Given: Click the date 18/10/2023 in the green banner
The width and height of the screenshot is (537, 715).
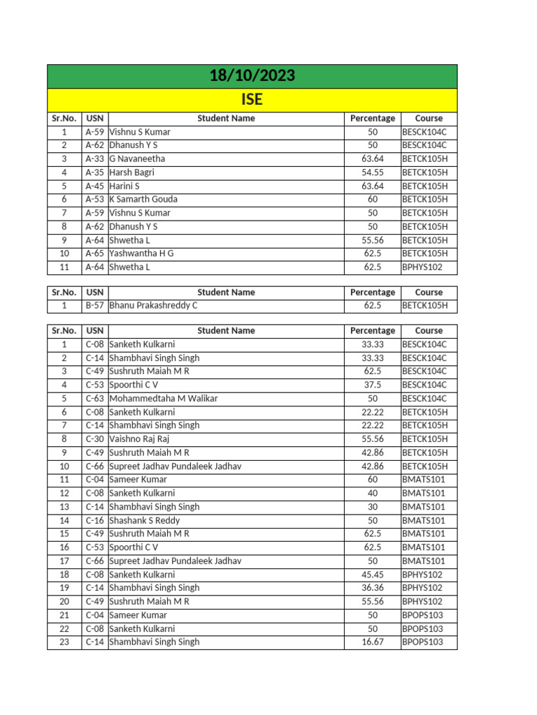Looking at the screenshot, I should (x=252, y=76).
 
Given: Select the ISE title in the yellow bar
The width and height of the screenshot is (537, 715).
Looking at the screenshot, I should (x=252, y=100).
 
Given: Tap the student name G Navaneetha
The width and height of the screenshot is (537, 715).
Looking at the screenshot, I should (x=137, y=159).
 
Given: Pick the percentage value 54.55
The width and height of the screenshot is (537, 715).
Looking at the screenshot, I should (x=372, y=172).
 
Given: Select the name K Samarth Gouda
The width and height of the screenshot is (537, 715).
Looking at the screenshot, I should (x=144, y=200).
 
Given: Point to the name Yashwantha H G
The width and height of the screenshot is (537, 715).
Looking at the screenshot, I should (x=141, y=253).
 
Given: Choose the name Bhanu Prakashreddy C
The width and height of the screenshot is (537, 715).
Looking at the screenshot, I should (x=153, y=306).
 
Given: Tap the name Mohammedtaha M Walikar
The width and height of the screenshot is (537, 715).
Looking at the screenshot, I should (x=164, y=398).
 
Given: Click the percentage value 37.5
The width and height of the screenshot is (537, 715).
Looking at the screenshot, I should (x=372, y=385).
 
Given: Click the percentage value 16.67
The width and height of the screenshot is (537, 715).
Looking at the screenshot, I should (x=372, y=642).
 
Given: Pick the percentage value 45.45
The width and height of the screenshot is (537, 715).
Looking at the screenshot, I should (x=372, y=575).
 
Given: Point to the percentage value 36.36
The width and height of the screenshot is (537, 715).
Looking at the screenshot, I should (x=372, y=588).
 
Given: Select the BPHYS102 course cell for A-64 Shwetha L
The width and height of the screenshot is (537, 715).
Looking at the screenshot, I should (x=422, y=267).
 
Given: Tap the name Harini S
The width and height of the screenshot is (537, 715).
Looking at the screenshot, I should (x=124, y=186).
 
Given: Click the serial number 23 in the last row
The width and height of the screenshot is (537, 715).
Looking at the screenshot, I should (x=64, y=642).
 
